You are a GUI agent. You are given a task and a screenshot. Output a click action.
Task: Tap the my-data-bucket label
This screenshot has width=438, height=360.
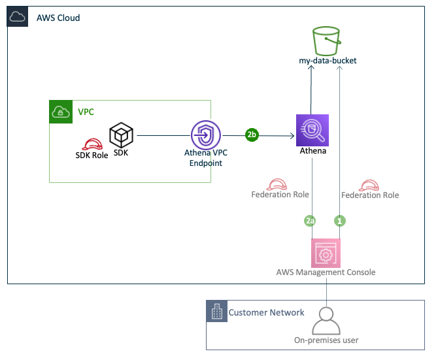point(328,61)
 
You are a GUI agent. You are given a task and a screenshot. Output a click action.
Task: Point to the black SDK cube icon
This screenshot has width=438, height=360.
point(121,135)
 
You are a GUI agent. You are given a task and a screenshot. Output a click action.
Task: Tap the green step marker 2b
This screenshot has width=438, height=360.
point(252,135)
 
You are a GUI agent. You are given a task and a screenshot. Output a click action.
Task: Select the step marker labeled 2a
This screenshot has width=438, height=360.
point(311,221)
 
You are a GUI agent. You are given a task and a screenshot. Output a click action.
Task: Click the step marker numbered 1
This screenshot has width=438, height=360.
point(340,221)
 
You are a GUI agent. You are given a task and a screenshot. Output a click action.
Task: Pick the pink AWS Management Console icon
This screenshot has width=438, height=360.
point(325,252)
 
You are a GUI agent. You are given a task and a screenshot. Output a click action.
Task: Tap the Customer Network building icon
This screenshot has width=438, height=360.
point(216,312)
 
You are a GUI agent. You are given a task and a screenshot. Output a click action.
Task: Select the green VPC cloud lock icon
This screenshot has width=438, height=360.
point(61,112)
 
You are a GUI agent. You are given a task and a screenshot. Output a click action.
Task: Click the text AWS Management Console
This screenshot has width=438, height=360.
point(325,272)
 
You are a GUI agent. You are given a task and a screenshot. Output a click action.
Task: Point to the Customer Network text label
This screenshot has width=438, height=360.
point(266,312)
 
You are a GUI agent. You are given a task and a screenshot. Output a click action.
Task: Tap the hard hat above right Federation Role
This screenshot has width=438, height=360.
point(370,184)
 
